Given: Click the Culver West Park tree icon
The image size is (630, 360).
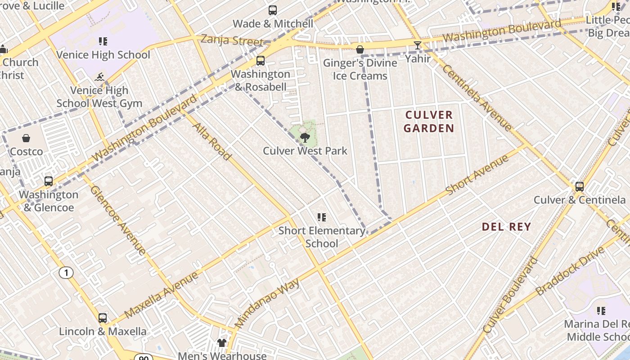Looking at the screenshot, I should (305, 137).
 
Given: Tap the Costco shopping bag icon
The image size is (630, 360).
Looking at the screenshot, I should (26, 138).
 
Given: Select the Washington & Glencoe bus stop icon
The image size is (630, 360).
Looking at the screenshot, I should (48, 181).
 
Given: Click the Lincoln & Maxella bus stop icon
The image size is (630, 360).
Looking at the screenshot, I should (103, 318).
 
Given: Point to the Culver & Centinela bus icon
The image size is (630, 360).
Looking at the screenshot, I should (580, 186).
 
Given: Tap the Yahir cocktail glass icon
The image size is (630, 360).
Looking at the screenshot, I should (418, 45).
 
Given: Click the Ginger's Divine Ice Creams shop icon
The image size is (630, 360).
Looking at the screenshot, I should (360, 49).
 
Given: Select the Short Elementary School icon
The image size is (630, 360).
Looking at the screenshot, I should (321, 217).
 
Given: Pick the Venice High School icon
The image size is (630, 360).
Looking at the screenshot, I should (103, 41).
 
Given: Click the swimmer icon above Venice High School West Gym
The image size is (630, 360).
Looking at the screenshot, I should (99, 77).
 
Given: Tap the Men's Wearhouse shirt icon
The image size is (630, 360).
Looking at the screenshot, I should (222, 343).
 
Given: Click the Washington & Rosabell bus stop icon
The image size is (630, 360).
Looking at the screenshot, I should (260, 61).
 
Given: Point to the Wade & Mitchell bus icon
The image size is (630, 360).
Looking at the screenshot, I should (273, 10).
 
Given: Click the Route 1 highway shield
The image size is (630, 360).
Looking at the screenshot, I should (66, 273).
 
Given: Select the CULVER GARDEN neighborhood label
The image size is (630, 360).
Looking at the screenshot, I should (428, 121).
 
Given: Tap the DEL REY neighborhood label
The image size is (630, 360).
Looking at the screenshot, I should (506, 227).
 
